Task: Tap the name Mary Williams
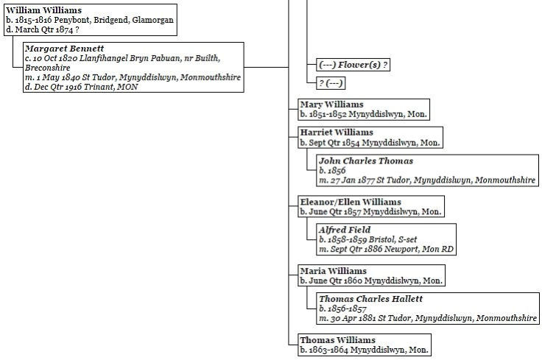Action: [331, 105]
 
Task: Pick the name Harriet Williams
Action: [337, 133]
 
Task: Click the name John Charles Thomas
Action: [366, 160]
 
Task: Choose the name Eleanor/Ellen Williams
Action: [350, 202]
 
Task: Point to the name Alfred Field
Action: [345, 230]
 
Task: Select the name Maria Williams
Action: [333, 271]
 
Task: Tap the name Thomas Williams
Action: [337, 340]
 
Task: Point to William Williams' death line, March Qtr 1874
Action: [42, 29]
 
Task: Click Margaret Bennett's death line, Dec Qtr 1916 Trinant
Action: [81, 87]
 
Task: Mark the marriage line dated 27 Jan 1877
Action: [428, 180]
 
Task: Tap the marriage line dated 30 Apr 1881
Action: [428, 319]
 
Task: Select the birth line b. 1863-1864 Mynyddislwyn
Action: [364, 350]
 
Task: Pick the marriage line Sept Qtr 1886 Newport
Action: [387, 250]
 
